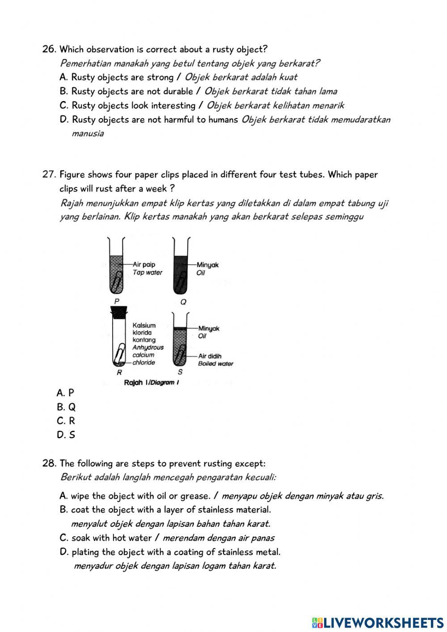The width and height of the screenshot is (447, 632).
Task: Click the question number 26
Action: pos(48,49)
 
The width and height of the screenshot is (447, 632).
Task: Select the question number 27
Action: pos(48,174)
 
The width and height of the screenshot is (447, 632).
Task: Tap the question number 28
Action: pos(49,463)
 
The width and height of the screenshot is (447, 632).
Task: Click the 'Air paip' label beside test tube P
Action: pos(144,264)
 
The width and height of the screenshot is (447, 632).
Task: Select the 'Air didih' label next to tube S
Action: pos(210,356)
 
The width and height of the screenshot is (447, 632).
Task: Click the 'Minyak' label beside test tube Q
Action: pos(208,265)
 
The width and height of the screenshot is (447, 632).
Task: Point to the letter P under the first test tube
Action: pos(117,301)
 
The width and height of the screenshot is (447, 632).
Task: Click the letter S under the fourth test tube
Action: pos(180,372)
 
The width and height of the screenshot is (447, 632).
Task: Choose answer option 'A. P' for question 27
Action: pos(65,393)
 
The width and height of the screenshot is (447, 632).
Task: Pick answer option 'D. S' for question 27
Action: pos(66,435)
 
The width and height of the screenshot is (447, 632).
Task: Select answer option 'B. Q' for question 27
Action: pos(66,407)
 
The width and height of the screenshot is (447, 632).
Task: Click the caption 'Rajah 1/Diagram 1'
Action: pos(151,382)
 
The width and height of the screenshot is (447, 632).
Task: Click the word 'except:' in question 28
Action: pos(251,463)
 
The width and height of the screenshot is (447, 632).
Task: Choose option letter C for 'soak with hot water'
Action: pos(63,538)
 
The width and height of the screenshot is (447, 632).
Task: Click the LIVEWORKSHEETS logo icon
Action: pos(317,622)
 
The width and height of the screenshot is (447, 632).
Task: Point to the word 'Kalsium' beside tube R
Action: pos(144,325)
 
